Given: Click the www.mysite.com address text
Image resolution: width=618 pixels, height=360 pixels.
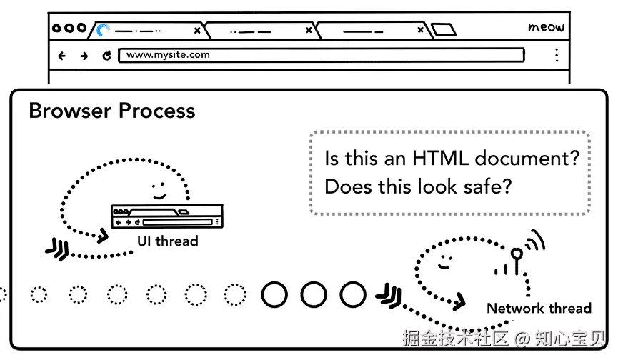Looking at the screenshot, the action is (x=169, y=54).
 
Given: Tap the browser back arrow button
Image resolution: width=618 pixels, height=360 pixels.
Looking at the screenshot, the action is (x=61, y=55).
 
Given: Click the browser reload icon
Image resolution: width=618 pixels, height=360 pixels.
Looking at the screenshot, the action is (x=106, y=55).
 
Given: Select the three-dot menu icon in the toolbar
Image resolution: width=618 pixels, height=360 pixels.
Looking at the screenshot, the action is (x=557, y=55).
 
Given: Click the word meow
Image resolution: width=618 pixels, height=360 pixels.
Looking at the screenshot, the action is (x=546, y=28).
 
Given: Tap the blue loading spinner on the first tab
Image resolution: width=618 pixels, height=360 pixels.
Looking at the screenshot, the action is (x=104, y=30).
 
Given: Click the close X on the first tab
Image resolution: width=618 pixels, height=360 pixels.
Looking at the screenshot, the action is (x=197, y=31).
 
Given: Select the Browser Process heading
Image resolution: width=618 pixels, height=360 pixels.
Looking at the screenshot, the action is (x=111, y=111).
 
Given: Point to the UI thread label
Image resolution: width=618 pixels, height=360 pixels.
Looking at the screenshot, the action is (x=167, y=241).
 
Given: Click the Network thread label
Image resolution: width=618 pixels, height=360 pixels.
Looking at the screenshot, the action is (x=539, y=309).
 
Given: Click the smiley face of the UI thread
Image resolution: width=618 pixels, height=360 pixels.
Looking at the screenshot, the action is (x=158, y=189).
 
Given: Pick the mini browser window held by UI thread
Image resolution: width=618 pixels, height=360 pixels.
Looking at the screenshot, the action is (x=167, y=216).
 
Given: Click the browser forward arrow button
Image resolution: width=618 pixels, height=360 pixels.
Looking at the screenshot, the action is (x=84, y=55).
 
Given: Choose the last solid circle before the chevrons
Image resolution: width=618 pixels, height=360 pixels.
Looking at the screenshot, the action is (x=352, y=294).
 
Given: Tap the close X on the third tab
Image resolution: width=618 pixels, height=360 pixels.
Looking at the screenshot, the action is (x=422, y=31).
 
